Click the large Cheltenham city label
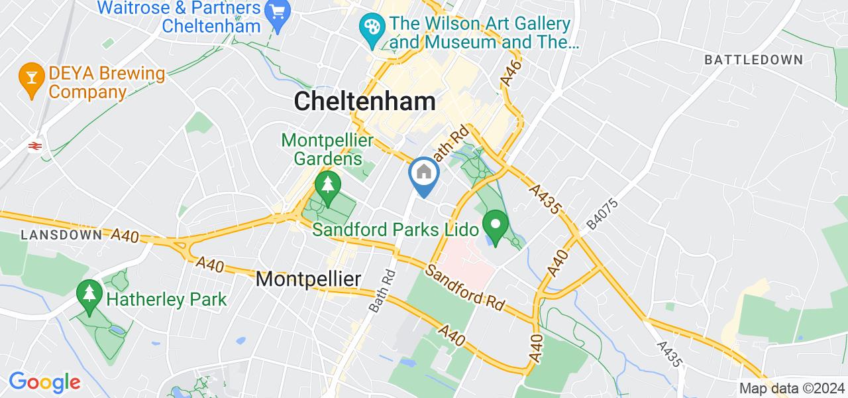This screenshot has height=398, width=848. coord(364,101)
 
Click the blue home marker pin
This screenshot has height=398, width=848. coord(423,173)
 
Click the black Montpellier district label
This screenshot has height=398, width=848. coord(308,279)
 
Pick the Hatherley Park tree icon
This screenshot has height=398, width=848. coord(88,294)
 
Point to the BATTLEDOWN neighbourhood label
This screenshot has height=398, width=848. coord(753,60)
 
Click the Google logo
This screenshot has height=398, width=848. coord(44,382)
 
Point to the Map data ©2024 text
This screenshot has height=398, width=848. coord(791,389)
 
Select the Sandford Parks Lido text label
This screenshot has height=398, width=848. coord(396,230)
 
